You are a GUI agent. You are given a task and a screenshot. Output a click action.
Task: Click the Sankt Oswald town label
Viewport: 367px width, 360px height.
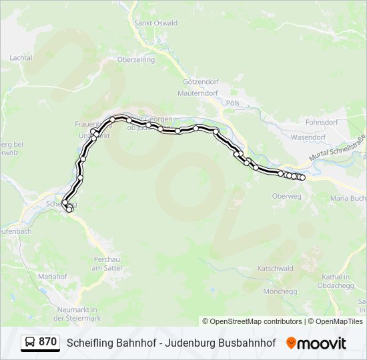[x=156, y=23]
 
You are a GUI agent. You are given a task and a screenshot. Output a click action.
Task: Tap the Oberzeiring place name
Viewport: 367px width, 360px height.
[x=135, y=59]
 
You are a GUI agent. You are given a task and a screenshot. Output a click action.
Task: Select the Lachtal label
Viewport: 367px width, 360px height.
[x=21, y=58]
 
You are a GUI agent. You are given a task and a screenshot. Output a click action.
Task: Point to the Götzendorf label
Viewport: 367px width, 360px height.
[x=197, y=81]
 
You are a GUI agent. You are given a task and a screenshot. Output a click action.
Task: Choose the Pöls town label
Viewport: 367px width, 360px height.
[x=232, y=103]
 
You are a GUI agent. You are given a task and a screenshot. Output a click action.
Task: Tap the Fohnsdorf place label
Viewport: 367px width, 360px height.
[x=322, y=123]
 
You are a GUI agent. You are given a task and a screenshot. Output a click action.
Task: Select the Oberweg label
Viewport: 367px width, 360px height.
[x=287, y=196]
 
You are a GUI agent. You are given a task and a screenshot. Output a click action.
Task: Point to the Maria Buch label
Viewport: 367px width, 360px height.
[x=349, y=198]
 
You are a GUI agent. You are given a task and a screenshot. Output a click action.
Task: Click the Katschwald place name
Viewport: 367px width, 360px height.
[x=276, y=269]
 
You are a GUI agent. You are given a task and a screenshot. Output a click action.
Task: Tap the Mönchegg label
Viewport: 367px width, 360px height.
[x=280, y=291]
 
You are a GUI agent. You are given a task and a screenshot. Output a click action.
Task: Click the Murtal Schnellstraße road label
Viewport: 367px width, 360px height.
[x=336, y=149]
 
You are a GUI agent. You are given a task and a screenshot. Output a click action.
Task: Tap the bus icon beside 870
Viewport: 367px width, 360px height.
[x=30, y=343]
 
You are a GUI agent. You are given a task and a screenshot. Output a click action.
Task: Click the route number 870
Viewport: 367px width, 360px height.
[x=48, y=342]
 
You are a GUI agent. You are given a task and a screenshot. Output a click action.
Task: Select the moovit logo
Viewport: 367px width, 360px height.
[x=316, y=343]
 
